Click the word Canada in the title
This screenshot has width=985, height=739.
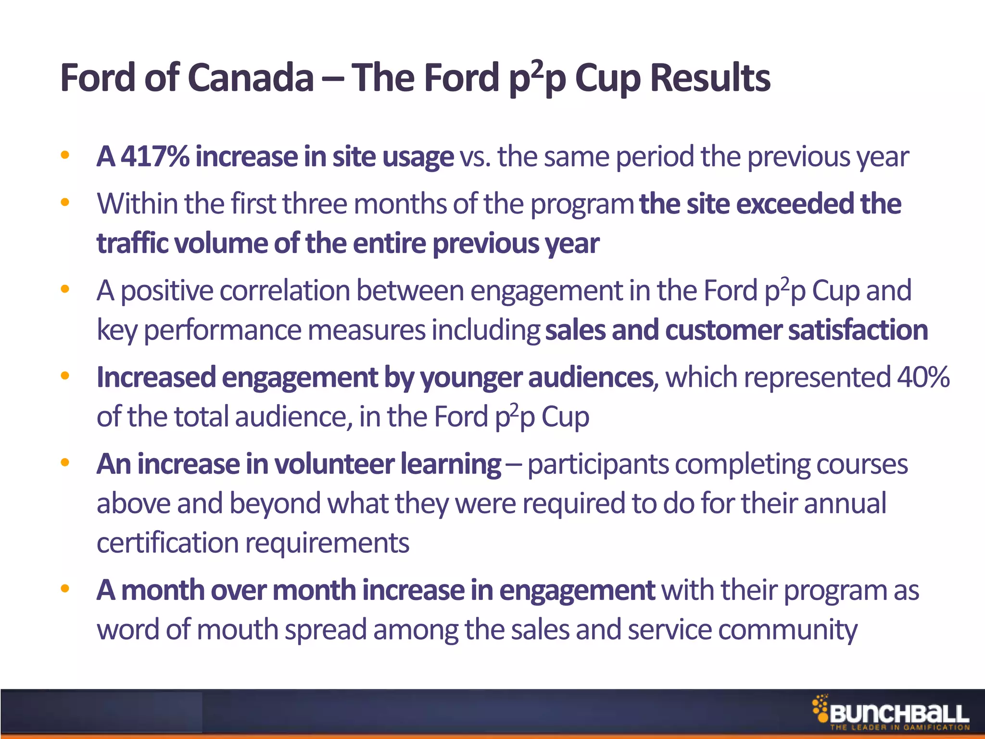pyautogui.click(x=251, y=78)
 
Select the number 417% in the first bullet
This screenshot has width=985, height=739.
pyautogui.click(x=155, y=156)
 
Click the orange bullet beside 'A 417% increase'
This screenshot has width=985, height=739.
pyautogui.click(x=65, y=155)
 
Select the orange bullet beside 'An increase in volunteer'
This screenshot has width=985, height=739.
pyautogui.click(x=65, y=463)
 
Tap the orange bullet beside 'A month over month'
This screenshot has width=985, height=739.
pyautogui.click(x=65, y=589)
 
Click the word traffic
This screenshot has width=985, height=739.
pyautogui.click(x=132, y=243)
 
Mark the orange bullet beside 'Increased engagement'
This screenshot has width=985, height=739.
pyautogui.click(x=65, y=376)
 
